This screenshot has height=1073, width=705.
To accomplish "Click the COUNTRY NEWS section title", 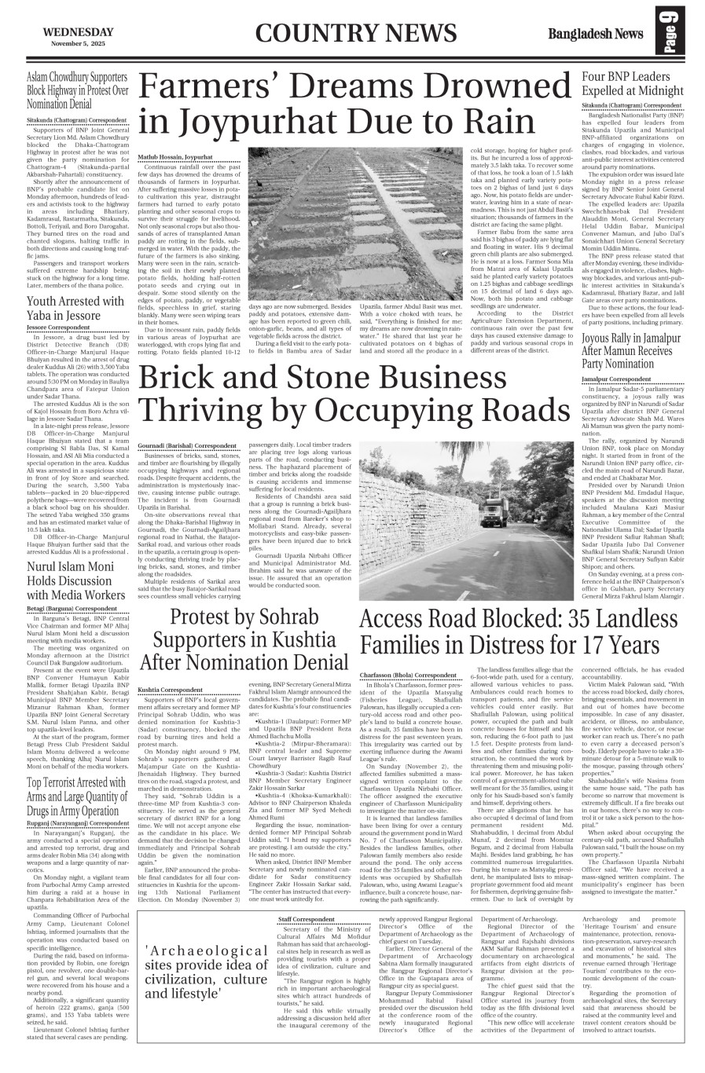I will pos(355,33).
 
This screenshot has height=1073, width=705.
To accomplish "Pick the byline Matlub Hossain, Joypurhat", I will pos(174,157).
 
